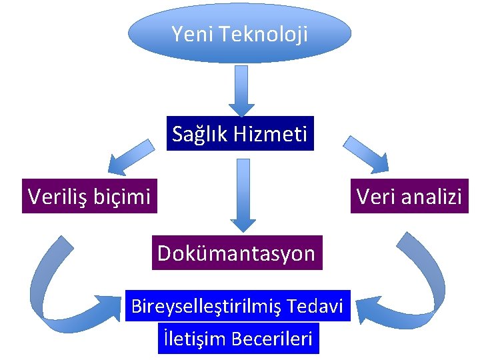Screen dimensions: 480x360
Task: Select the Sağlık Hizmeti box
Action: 239,135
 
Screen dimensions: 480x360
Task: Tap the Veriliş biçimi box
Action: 89,195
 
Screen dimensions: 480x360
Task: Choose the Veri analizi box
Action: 409,195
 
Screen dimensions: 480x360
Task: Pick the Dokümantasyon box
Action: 237,253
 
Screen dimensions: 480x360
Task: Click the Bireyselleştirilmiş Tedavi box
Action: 237,306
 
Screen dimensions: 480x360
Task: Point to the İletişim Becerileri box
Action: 237,339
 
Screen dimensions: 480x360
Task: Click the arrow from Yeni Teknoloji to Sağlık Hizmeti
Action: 241,90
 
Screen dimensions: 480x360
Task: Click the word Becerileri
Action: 272,339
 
